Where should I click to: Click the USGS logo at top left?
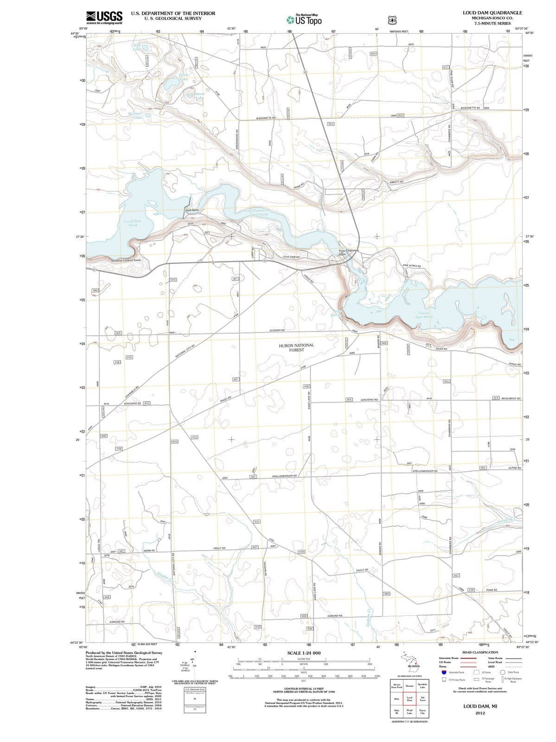point(104,17)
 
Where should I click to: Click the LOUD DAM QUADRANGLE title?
point(492,13)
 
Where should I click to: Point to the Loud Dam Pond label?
point(133,223)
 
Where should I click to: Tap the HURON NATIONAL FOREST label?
point(296,347)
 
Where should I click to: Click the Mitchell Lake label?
point(135,115)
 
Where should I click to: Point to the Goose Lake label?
point(198,96)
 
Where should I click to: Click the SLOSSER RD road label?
point(277,330)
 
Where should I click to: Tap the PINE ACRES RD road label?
point(411,266)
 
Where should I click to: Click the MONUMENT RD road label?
point(511,398)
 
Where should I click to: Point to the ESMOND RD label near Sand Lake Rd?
point(335,616)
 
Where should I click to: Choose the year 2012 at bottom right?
point(479,713)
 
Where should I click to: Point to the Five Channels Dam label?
point(348,252)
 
